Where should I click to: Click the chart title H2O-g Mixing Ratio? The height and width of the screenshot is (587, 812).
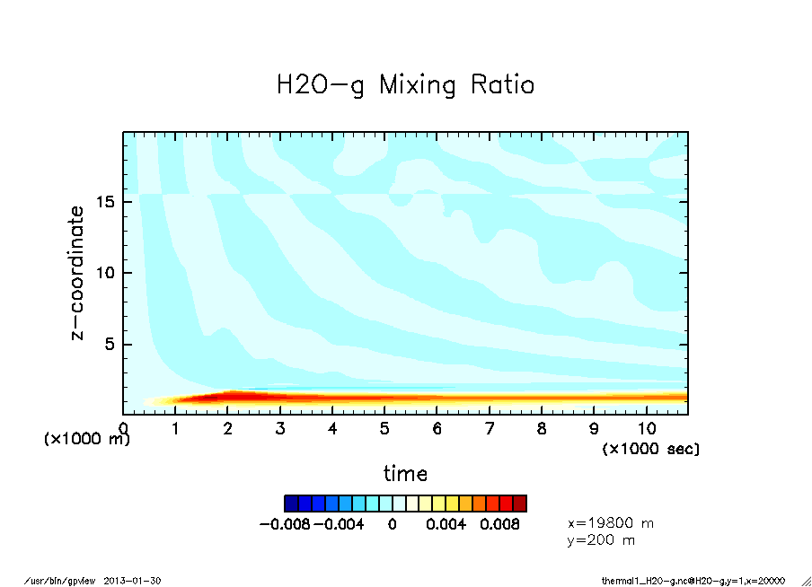[x=405, y=85]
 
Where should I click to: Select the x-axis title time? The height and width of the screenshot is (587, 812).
[x=405, y=473]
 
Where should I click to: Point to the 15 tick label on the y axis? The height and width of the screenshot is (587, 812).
[x=106, y=202]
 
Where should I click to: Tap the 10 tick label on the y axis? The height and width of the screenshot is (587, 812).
[x=106, y=273]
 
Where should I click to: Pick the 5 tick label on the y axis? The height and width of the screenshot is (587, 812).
[x=111, y=345]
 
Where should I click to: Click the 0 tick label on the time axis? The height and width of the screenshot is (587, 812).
[x=123, y=429]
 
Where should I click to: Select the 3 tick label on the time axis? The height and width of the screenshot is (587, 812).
[x=280, y=429]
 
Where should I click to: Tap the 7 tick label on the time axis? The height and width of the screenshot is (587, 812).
[x=490, y=429]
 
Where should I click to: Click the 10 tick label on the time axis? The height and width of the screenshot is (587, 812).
[x=647, y=429]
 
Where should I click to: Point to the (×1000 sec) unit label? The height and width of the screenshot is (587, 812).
[x=651, y=448]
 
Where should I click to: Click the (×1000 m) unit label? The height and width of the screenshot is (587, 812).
[x=87, y=440]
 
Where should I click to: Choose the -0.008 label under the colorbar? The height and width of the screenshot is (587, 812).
[x=284, y=524]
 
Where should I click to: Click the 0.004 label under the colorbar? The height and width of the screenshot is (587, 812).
[x=445, y=524]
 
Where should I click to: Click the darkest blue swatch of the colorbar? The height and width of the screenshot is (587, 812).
[x=291, y=503]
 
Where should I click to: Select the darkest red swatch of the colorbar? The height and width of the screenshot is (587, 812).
[x=519, y=503]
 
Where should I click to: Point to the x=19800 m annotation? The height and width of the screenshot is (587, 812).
[x=611, y=522]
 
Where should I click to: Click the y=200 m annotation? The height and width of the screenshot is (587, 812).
[x=601, y=540]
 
